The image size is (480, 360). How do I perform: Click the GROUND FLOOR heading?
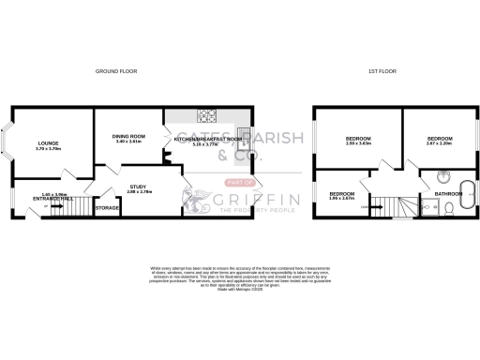tap(115, 71)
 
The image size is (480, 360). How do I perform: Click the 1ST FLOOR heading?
tap(382, 71)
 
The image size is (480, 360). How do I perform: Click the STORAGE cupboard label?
tap(108, 207)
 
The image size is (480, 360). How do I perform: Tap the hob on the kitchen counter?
tap(208, 117)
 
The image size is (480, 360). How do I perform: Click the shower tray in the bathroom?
tap(427, 208)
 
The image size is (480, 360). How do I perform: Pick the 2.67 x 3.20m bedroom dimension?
tap(438, 144)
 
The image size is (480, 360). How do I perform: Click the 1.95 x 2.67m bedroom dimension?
tap(341, 199)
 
